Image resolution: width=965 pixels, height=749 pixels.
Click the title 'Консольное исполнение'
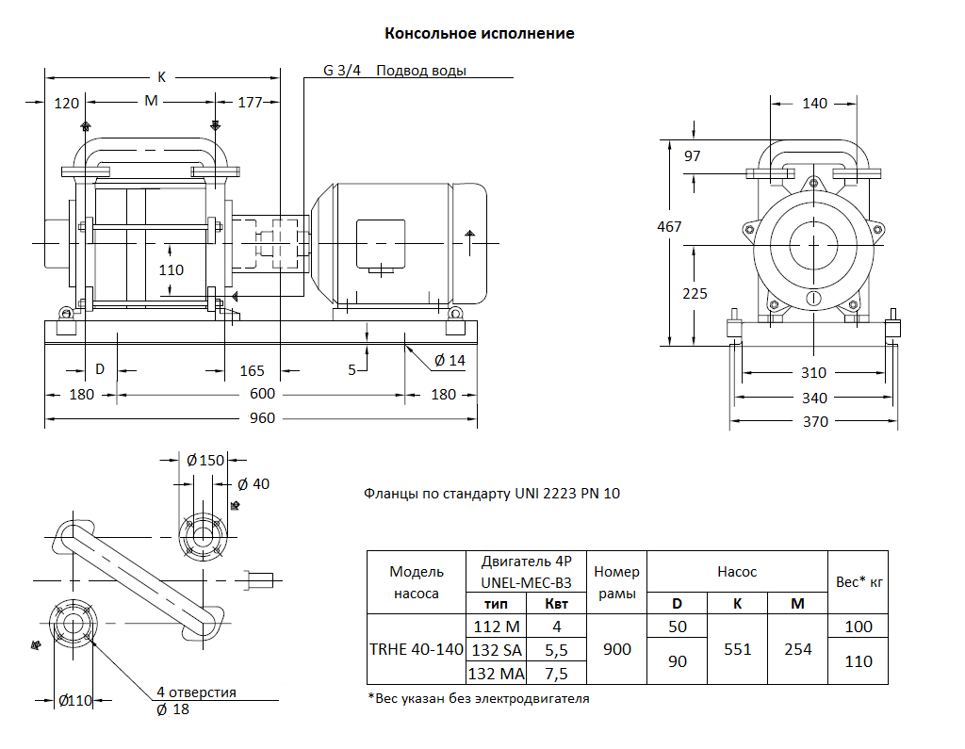480,34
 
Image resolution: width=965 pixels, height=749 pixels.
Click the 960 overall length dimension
263,417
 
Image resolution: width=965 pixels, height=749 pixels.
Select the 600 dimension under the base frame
263,394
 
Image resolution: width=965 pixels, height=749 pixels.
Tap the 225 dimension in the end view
695,294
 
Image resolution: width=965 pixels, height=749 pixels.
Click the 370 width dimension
815,421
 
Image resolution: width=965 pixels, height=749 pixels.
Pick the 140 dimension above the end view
814,104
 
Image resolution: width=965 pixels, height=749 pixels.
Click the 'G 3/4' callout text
342,71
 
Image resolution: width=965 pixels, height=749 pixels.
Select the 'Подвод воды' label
421,71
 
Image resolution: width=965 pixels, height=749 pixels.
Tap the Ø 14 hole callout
450,360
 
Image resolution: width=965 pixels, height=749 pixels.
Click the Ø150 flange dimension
205,460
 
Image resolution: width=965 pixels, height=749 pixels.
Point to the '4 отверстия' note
196,692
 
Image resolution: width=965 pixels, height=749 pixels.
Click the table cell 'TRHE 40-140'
416,649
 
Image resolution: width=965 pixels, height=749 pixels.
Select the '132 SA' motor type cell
496,649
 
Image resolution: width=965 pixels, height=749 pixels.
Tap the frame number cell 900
616,649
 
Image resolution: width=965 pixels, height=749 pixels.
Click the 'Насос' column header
737,571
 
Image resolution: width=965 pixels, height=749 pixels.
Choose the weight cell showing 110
859,661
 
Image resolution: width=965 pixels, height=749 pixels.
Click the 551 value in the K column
737,649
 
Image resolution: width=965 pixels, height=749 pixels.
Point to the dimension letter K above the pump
161,75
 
